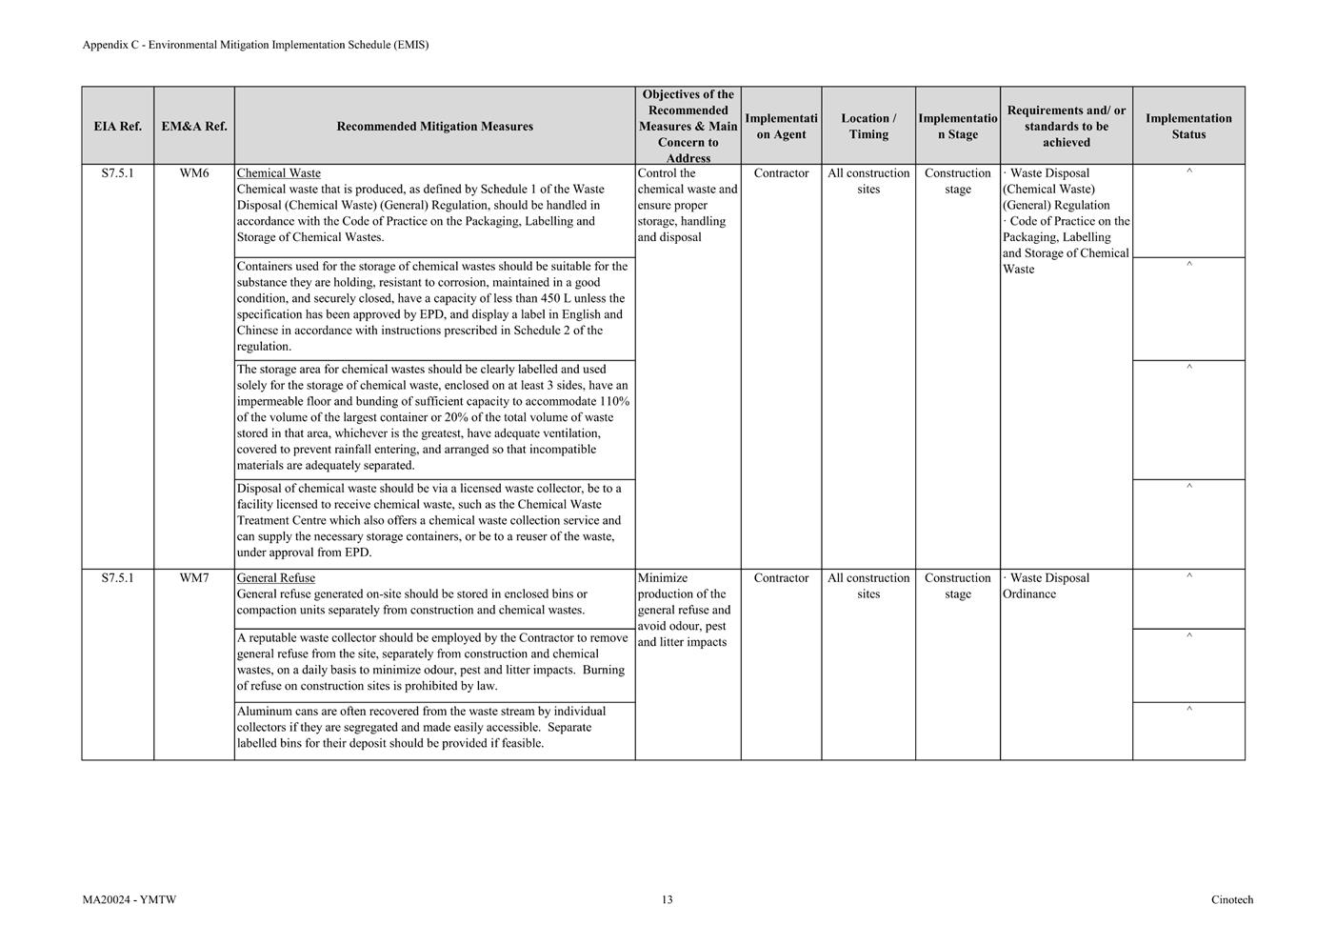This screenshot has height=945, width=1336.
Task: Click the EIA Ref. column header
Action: click(x=117, y=126)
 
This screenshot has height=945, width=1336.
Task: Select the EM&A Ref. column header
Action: click(x=194, y=126)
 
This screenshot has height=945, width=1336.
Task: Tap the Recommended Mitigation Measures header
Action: click(x=434, y=126)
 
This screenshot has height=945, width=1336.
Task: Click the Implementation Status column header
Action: click(x=1188, y=126)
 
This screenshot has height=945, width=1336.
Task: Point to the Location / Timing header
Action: click(x=868, y=126)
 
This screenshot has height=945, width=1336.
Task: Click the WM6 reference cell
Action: click(x=194, y=173)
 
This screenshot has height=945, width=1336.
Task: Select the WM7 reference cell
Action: click(x=194, y=578)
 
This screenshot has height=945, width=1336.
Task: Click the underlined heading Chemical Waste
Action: click(x=278, y=173)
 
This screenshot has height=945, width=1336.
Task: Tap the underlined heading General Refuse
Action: click(x=275, y=578)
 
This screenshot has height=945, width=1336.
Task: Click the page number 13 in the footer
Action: click(x=668, y=899)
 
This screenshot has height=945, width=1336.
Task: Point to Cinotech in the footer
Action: click(x=1232, y=899)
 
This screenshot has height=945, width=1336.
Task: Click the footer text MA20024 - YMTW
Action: click(x=130, y=899)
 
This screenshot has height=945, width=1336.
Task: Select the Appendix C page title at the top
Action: click(x=255, y=45)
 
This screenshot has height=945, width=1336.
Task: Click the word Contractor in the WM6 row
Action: click(x=781, y=173)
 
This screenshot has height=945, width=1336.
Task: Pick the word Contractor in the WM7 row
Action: click(x=781, y=578)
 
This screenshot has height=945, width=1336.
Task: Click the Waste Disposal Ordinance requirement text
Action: click(x=1047, y=586)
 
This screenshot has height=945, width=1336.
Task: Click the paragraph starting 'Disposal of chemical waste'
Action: click(x=429, y=520)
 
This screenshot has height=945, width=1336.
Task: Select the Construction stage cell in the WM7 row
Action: click(x=958, y=586)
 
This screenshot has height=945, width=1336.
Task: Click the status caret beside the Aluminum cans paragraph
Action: click(x=1188, y=710)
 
